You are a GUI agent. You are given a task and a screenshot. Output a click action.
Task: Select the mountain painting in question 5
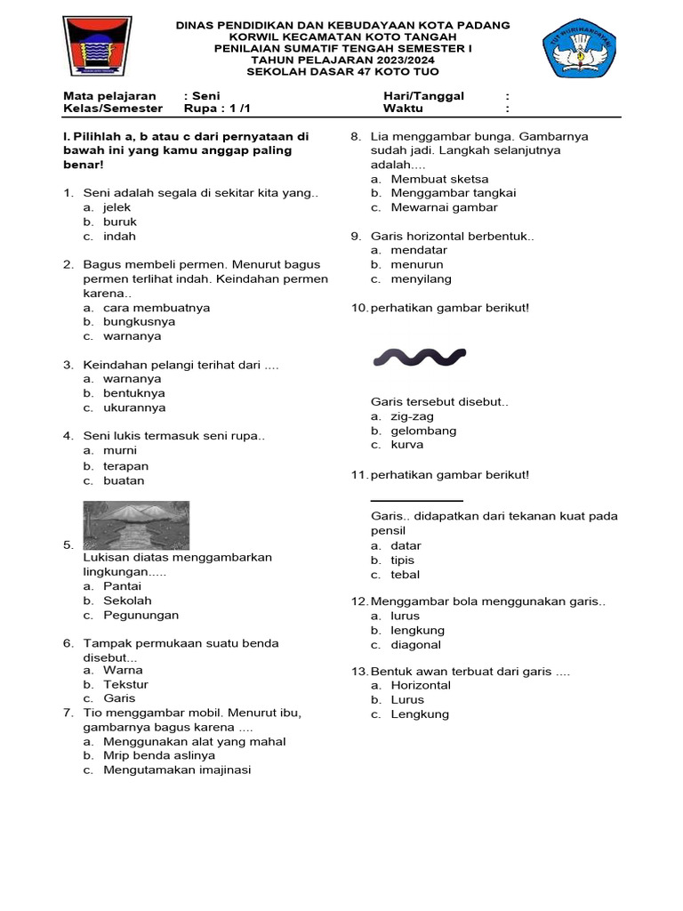point(135,525)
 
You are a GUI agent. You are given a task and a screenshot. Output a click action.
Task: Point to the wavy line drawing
point(419,358)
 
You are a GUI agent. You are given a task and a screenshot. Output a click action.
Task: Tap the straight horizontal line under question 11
point(416,502)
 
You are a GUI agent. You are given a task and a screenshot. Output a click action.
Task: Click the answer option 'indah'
point(119,237)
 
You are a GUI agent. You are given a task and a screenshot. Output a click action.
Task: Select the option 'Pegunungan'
point(141,615)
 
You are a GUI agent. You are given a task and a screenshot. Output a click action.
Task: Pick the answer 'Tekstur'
point(125,684)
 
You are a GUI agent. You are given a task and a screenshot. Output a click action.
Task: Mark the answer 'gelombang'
point(423,431)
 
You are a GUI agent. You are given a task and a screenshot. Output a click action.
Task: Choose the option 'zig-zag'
point(412,416)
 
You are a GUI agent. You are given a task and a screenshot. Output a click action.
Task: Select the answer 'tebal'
point(405,575)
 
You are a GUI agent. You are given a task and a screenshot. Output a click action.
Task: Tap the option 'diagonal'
point(415,645)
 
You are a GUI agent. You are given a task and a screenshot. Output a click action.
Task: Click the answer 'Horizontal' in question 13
point(421,685)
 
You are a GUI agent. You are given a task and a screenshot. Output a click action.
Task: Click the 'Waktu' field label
point(403,109)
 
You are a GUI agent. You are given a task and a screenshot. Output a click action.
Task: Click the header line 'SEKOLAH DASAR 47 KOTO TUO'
point(342,71)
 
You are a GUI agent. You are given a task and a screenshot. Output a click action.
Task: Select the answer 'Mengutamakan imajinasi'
point(177,770)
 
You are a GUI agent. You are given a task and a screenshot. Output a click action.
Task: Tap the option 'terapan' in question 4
point(125,466)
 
